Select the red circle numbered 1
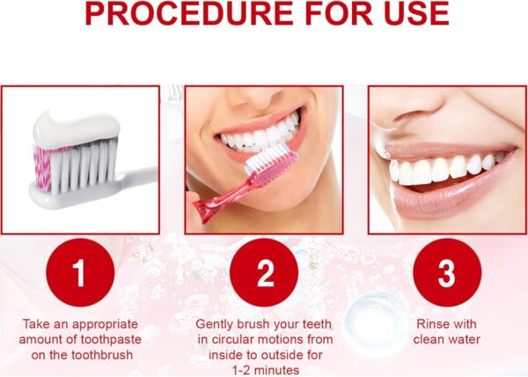[80, 273]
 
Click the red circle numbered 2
[264, 273]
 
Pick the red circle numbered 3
[446, 273]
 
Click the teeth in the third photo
[440, 167]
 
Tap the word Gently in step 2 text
[215, 324]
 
